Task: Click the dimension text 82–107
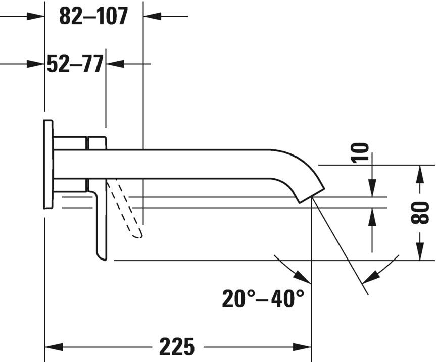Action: (93, 16)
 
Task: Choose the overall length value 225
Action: (177, 347)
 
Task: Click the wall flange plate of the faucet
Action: (49, 164)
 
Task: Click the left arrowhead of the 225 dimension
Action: (54, 347)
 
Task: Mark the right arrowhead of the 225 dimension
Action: (303, 347)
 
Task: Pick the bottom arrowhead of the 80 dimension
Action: (420, 252)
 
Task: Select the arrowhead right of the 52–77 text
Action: (115, 64)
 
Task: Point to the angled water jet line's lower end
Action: (367, 292)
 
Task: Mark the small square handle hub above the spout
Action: (97, 142)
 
